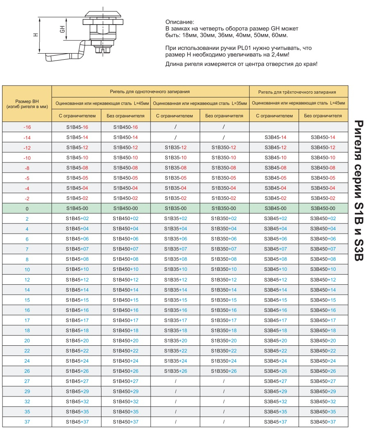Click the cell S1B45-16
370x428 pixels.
pos(77,127)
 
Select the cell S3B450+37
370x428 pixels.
pos(323,422)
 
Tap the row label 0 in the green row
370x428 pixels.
pos(27,209)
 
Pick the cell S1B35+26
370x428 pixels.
pos(176,371)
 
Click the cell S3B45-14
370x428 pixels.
pos(275,137)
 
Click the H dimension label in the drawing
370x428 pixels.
pos(36,35)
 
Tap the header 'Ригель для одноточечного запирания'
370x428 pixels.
pos(150,92)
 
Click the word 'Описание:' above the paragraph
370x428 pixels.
pos(180,22)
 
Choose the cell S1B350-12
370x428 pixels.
pos(224,147)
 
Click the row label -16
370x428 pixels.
pos(27,127)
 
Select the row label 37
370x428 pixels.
pos(27,422)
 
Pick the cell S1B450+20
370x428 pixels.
pos(126,340)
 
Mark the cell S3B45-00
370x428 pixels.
pos(275,208)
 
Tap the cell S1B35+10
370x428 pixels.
pos(176,269)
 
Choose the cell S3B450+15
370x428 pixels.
pos(323,300)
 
